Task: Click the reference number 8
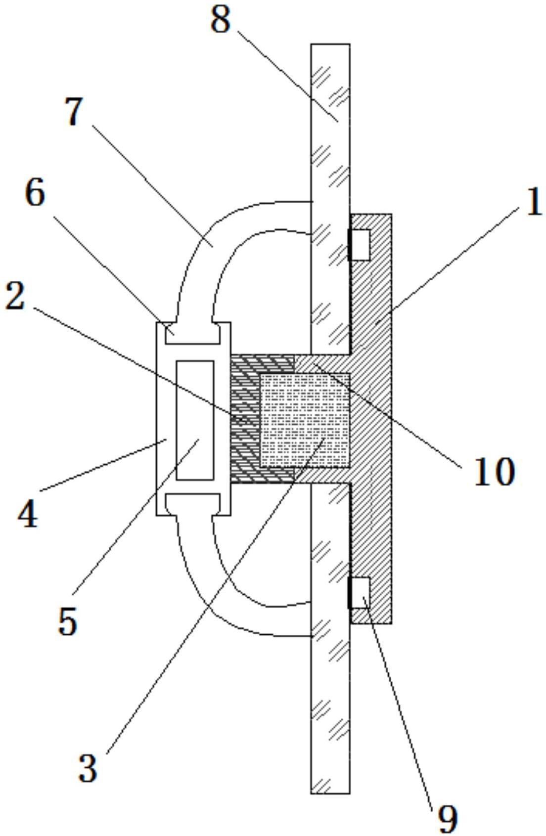pos(221,21)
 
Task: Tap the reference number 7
pos(75,112)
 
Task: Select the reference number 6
pos(35,193)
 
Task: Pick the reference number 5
pos(68,620)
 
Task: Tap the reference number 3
pos(88,768)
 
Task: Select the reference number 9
pos(447,818)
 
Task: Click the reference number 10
pos(494,472)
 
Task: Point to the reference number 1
pos(533,203)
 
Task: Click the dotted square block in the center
pos(305,420)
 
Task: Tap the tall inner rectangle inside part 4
pos(195,420)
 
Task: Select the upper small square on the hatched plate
pos(360,245)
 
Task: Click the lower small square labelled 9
pos(360,593)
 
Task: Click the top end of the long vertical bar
pos(330,49)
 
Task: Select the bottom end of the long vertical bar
pos(330,786)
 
